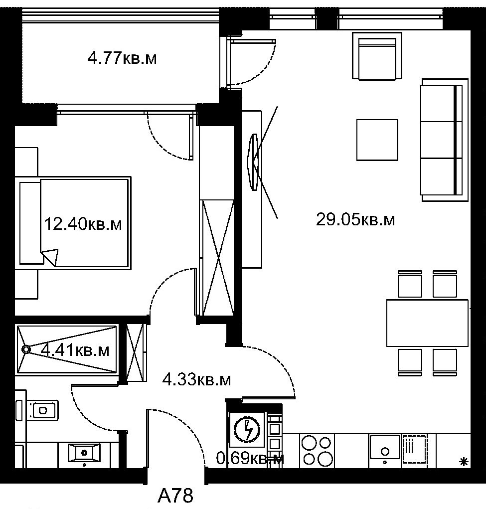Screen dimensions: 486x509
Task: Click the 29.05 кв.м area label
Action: click(x=355, y=220)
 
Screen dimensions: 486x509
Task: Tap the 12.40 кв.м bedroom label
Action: click(x=83, y=224)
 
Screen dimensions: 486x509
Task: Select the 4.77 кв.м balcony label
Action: click(x=122, y=59)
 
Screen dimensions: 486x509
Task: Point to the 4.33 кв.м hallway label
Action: click(x=197, y=379)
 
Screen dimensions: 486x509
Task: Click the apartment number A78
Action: click(x=175, y=496)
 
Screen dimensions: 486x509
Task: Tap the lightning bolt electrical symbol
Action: click(x=248, y=430)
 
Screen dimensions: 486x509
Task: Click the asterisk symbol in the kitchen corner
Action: click(x=464, y=462)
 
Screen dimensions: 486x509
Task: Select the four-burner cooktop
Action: click(x=317, y=451)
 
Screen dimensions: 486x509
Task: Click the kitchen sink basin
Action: click(x=385, y=447)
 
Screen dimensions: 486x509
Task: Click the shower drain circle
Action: click(x=25, y=349)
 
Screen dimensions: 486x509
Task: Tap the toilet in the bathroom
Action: click(x=42, y=410)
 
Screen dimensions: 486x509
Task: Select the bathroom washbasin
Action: click(x=84, y=452)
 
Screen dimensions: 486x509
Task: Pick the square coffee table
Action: click(x=377, y=140)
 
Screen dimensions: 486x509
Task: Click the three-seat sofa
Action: click(x=445, y=140)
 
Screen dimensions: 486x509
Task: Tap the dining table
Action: click(x=427, y=323)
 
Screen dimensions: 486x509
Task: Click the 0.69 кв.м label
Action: click(x=250, y=459)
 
